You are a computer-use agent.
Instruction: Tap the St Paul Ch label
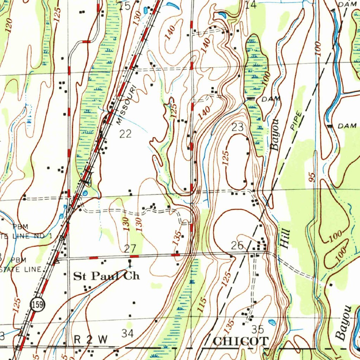pyautogui.click(x=106, y=276)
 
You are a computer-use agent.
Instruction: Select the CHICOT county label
pyautogui.click(x=241, y=341)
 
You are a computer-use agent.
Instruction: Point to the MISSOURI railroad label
pyautogui.click(x=126, y=104)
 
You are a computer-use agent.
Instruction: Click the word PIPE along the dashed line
pyautogui.click(x=297, y=121)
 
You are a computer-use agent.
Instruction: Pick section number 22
pyautogui.click(x=125, y=134)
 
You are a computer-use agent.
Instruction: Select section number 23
pyautogui.click(x=238, y=127)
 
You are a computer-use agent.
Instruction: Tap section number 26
pyautogui.click(x=238, y=245)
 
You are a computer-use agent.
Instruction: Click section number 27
pyautogui.click(x=130, y=249)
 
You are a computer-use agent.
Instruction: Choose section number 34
pyautogui.click(x=127, y=333)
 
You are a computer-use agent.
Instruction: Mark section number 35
pyautogui.click(x=258, y=329)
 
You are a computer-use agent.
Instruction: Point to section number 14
pyautogui.click(x=251, y=5)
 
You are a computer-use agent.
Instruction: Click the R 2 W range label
pyautogui.click(x=91, y=340)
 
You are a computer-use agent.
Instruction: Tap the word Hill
pyautogui.click(x=285, y=239)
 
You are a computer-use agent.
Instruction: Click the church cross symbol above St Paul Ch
pyautogui.click(x=130, y=263)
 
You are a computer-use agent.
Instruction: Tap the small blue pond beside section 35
pyautogui.click(x=271, y=321)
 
